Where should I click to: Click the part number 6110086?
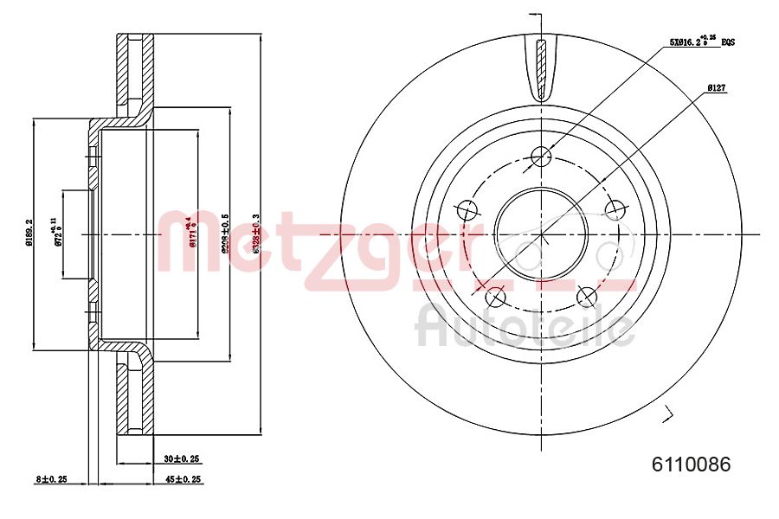click(691, 465)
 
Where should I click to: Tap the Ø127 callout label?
click(716, 87)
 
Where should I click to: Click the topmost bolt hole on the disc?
click(542, 156)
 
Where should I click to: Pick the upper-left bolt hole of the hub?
click(467, 209)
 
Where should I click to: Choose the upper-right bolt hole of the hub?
click(615, 209)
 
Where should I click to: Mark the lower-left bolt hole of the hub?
click(496, 298)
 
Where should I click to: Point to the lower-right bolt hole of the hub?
click(587, 298)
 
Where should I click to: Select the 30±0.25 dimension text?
click(182, 459)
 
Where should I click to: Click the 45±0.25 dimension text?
click(182, 478)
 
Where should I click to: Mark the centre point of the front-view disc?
click(541, 234)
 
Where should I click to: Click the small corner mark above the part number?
click(666, 414)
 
